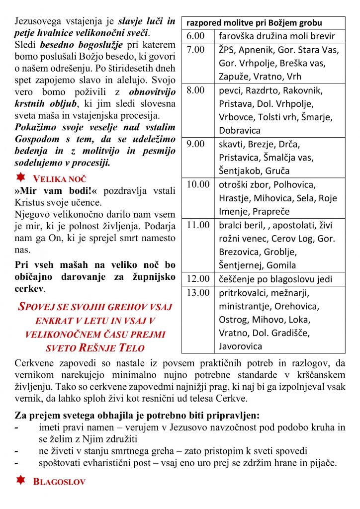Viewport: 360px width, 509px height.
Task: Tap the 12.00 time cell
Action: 198,279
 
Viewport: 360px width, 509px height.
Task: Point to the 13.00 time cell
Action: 198,292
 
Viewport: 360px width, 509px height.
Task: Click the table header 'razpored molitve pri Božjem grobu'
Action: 254,23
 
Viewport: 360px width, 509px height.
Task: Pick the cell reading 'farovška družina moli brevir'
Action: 276,36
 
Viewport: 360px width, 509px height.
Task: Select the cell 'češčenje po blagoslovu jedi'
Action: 275,279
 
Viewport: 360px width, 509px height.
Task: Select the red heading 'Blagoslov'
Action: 59,482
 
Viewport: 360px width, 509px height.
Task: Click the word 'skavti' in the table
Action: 231,144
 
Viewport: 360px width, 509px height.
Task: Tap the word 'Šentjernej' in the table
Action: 242,265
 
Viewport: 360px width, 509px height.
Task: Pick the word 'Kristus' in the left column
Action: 30,203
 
